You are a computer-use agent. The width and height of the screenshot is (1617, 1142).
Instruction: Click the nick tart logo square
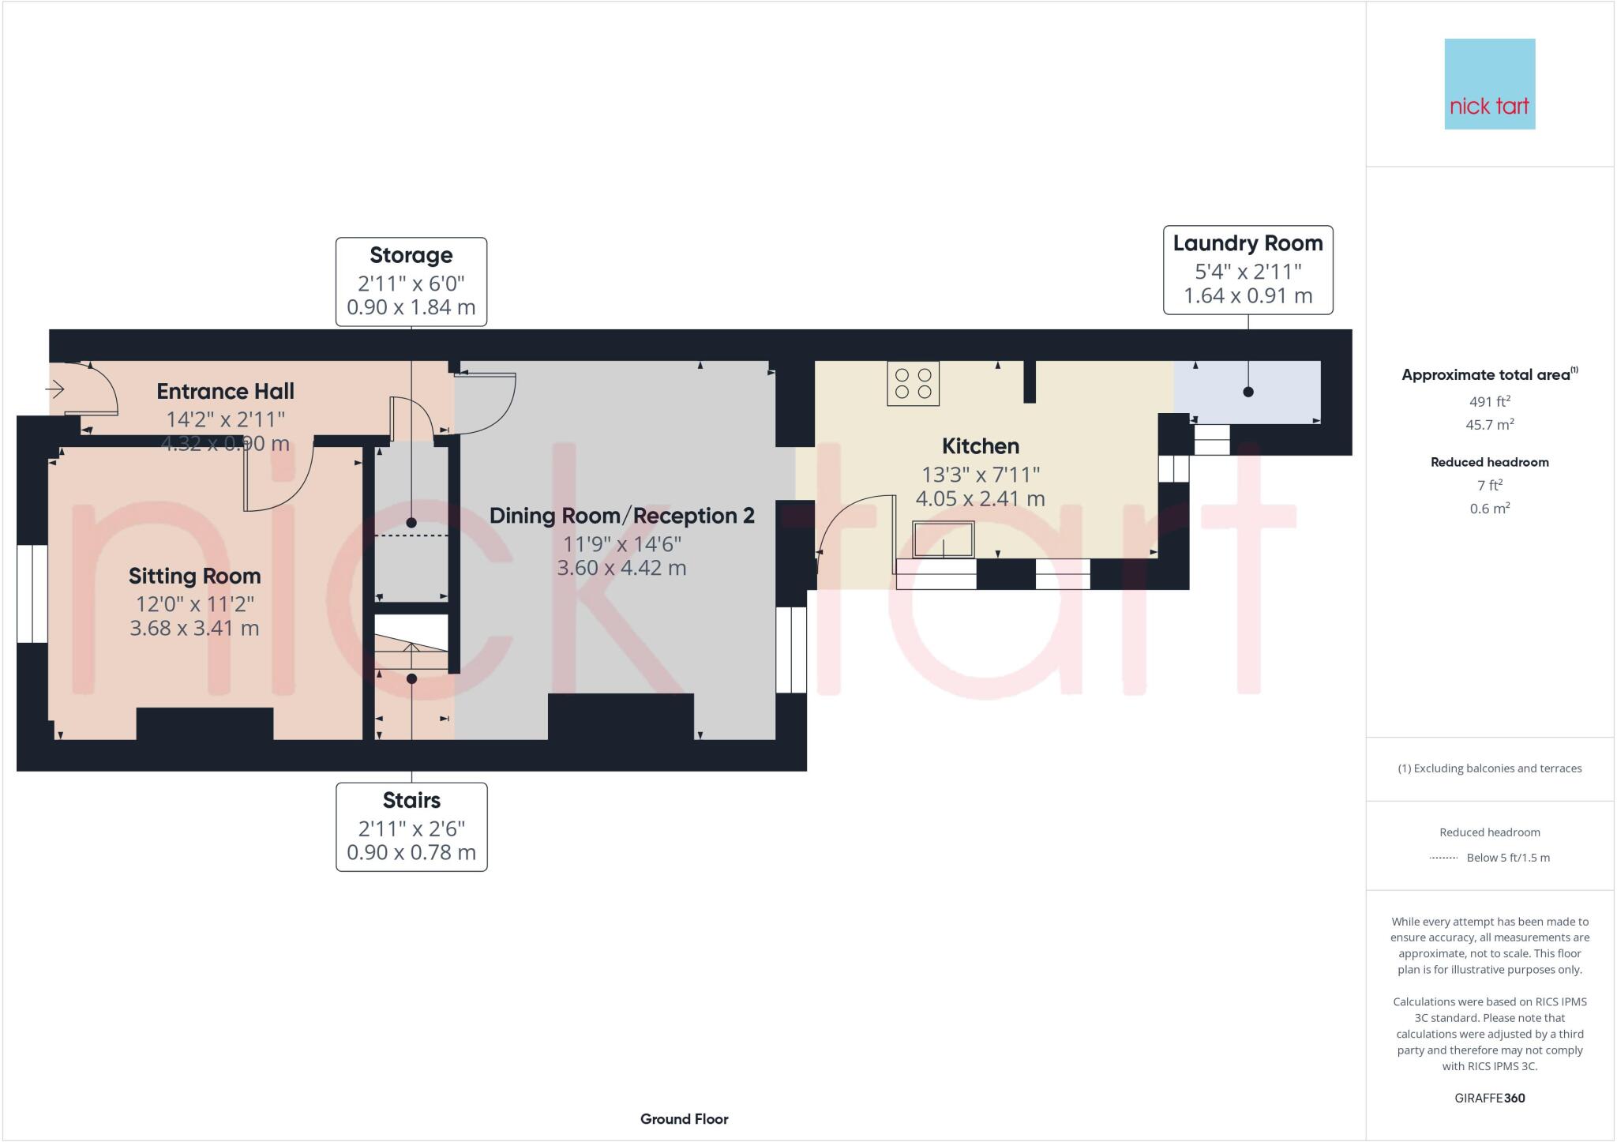coord(1489,84)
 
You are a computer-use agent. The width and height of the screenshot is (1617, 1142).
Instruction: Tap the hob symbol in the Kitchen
coord(913,383)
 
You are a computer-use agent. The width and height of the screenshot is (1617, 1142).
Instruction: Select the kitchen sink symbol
coord(944,539)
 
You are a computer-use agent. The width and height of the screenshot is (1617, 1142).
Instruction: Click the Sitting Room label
coord(194,576)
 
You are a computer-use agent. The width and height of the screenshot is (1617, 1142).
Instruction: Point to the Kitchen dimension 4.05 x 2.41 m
coord(980,499)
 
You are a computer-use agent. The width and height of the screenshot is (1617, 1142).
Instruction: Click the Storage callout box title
coord(411,255)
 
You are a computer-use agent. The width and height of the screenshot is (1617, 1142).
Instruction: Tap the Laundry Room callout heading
coord(1247,243)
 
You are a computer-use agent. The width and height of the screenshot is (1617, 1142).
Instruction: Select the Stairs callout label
coord(411,800)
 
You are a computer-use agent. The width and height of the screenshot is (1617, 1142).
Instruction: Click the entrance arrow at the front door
coord(55,389)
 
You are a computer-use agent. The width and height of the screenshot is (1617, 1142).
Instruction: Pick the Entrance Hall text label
coord(225,391)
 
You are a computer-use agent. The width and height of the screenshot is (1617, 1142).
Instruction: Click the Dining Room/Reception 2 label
coord(621,516)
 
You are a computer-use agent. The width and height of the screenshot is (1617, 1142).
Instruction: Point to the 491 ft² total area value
coord(1489,400)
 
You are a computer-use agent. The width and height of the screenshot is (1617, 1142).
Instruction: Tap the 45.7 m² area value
coord(1489,425)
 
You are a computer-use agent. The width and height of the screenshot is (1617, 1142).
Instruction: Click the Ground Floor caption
coord(684,1119)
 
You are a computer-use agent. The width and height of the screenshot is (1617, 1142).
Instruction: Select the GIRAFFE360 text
coord(1489,1098)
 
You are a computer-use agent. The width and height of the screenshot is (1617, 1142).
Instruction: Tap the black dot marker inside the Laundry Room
coord(1247,392)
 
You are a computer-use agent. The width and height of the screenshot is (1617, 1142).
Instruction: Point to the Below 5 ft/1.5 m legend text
coord(1507,858)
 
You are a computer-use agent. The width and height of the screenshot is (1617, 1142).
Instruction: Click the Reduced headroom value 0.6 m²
coord(1489,509)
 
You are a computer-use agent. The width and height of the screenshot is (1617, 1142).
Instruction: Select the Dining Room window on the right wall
coord(791,650)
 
